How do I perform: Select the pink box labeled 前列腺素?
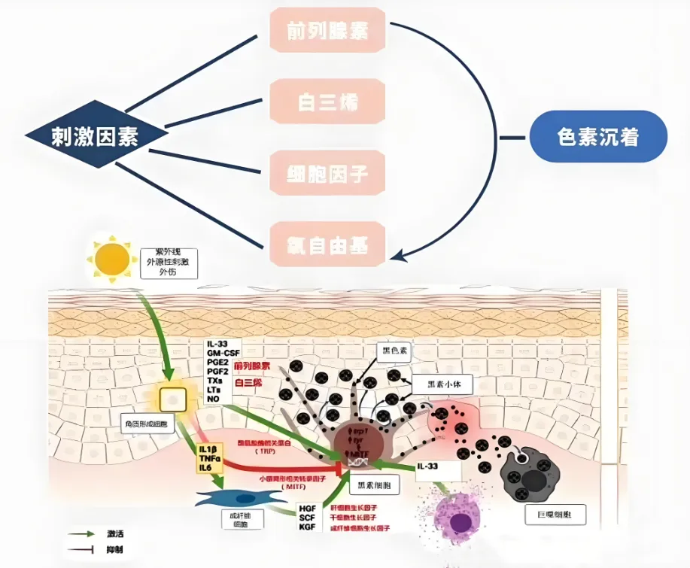coord(327,31)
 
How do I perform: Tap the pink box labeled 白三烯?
coord(327,102)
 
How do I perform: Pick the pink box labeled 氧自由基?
coord(327,245)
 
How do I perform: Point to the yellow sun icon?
coord(112,260)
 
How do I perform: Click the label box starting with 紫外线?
coord(169,262)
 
